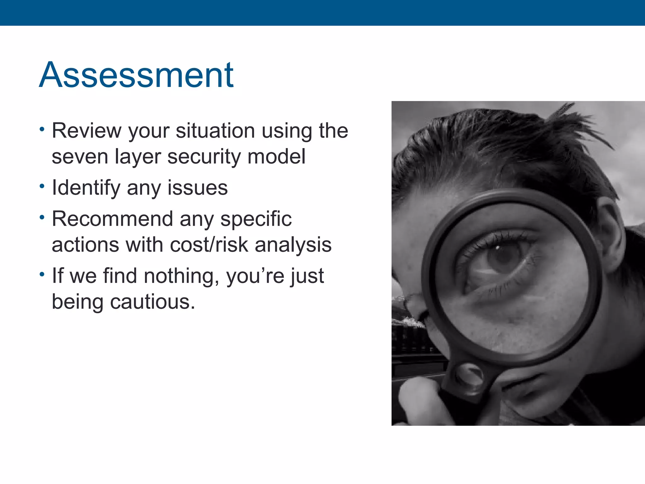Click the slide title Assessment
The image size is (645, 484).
click(x=136, y=75)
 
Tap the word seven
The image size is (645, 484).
click(x=80, y=157)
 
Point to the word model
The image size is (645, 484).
click(x=276, y=157)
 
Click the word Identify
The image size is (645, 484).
click(x=86, y=188)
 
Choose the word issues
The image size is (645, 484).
click(x=197, y=188)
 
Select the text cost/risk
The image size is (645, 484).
click(x=209, y=245)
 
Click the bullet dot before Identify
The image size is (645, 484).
click(x=42, y=186)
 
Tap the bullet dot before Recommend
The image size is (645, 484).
click(x=42, y=217)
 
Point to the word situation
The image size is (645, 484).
click(x=215, y=130)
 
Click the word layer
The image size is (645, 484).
click(x=138, y=157)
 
